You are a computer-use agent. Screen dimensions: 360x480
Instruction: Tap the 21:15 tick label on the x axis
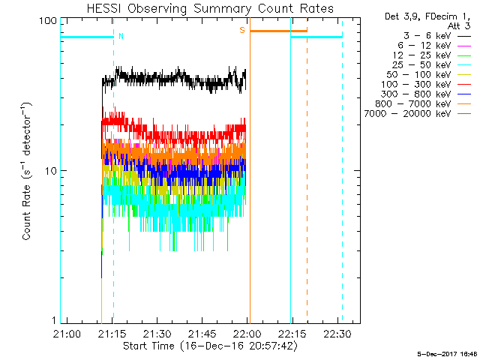point(112,333)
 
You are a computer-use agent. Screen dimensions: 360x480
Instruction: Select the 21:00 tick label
point(67,333)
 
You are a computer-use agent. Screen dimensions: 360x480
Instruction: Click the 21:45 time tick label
point(202,333)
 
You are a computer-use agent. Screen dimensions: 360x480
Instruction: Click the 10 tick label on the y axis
point(51,170)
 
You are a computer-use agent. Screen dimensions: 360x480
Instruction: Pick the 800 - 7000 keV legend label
point(415,103)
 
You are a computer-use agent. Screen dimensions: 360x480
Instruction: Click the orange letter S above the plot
point(241,30)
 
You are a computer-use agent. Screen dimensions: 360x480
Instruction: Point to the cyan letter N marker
point(121,36)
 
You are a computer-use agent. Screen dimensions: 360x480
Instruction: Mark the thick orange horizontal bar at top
point(278,31)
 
